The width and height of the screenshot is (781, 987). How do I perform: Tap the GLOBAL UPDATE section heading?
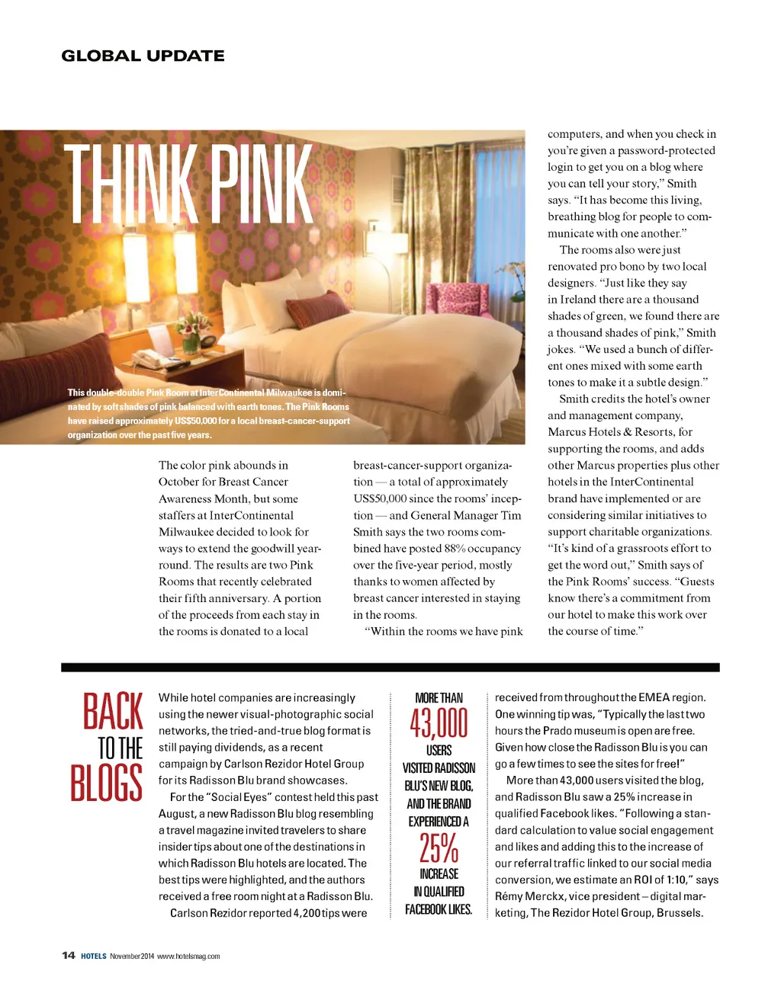coord(143,56)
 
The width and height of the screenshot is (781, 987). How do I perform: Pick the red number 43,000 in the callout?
coord(439,723)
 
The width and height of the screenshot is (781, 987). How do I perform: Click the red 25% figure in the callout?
coord(439,847)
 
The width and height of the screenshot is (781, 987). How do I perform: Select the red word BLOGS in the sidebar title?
coord(107,783)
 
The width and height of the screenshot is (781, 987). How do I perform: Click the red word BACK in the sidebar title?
coord(113,711)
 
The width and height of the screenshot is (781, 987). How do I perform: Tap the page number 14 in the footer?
coord(69,956)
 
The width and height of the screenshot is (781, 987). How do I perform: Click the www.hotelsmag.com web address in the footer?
coord(188,957)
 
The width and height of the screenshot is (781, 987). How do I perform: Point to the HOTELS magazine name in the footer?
coord(94,957)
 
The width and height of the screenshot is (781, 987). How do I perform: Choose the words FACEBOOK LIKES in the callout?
coord(439,909)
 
